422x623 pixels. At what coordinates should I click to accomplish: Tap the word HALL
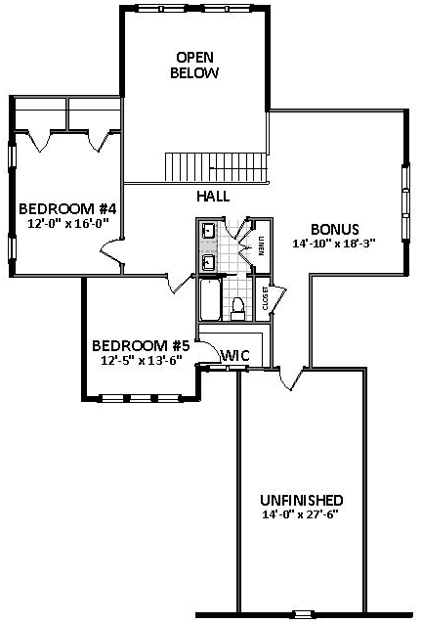click(212, 196)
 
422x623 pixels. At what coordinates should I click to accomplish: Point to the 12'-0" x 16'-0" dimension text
click(67, 223)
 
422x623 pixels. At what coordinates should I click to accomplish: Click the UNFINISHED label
click(301, 500)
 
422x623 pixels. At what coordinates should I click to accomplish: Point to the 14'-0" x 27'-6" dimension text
click(301, 514)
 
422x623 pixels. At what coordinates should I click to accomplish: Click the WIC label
click(235, 356)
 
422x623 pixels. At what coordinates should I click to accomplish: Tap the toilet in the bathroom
click(237, 307)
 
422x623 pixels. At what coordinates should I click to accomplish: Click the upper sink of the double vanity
click(208, 232)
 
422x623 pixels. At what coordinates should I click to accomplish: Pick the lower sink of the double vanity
click(208, 261)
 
